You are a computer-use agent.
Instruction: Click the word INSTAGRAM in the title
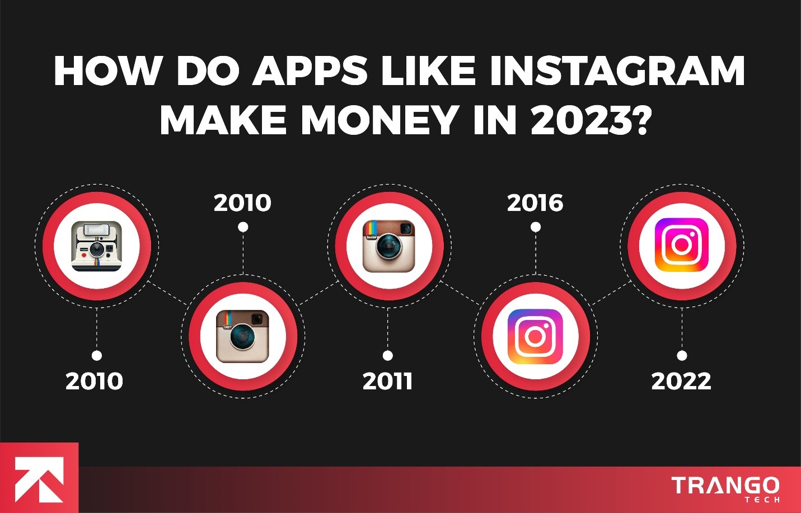coord(617,71)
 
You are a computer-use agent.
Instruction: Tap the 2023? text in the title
coord(591,120)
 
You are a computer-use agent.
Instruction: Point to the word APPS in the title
coord(310,71)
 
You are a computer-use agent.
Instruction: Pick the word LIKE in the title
coord(428,71)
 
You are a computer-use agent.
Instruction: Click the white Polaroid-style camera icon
coord(97,246)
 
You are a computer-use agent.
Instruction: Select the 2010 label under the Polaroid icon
coord(94,381)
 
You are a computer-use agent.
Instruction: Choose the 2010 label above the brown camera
coord(242,203)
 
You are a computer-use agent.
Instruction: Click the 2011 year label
coord(387,381)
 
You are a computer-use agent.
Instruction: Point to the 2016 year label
coord(535,203)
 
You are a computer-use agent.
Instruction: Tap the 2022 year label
coord(681,381)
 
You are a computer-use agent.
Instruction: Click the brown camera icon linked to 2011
coord(389,246)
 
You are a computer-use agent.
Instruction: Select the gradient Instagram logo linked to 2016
coord(535,336)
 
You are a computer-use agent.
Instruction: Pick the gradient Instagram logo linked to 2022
coord(681,246)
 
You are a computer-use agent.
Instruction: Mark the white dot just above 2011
coord(387,356)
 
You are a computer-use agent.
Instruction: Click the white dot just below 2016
coord(536,227)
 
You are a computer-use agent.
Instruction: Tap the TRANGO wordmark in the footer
coord(725,485)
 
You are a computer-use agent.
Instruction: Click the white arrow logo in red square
coord(39,479)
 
